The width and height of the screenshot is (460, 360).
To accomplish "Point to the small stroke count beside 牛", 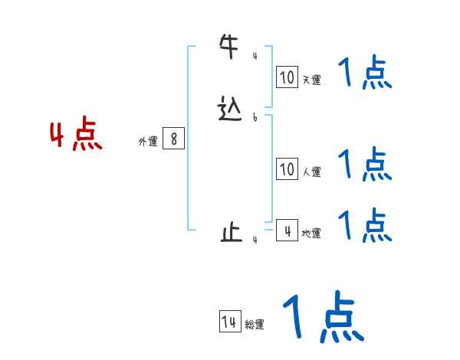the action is pos(255,56).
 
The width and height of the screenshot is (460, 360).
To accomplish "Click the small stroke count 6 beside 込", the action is pos(255,118).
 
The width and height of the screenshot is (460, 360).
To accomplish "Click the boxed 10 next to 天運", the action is pos(287,77).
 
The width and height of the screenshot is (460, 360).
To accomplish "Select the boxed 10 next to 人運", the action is pos(287,169).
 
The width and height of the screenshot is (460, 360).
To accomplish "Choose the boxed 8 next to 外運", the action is pos(174,139).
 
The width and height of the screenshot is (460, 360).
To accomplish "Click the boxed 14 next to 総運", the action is pos(229,322).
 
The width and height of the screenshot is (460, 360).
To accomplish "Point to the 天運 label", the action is pos(311,80).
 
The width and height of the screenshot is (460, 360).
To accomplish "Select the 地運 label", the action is pos(311,234).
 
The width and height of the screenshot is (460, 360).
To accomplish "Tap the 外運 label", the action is pos(148,142).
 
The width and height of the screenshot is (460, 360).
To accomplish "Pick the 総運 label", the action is pos(255,326).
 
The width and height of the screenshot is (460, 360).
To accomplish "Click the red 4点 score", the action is pos(76,136).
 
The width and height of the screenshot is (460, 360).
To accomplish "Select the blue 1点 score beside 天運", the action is pos(365,74).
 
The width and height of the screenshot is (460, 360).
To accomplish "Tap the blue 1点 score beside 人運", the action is pos(365,164).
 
